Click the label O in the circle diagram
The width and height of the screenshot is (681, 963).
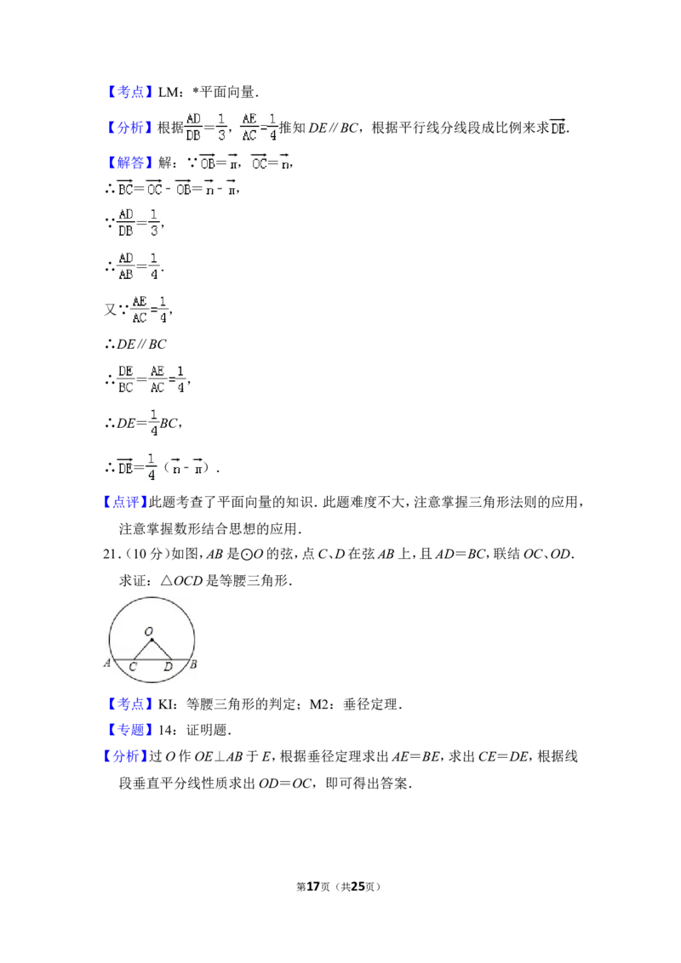coord(148,630)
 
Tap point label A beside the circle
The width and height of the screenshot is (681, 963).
coord(107,663)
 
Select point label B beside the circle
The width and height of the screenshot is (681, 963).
coord(193,664)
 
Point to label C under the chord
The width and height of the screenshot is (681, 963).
coord(133,667)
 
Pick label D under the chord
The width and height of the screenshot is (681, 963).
coord(168,667)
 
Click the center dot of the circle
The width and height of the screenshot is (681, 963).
coord(152,640)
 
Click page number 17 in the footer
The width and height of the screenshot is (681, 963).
coord(313,886)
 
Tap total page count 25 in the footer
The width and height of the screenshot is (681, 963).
coord(357,886)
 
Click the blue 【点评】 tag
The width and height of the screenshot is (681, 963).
coord(125,502)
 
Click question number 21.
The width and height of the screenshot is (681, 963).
coord(112,553)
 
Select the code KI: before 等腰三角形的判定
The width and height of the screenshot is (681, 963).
coord(169,704)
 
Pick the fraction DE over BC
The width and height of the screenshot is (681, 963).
coord(125,379)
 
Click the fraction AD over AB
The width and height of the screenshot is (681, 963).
coord(125,266)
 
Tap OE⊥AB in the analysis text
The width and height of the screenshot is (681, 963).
coord(218,756)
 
